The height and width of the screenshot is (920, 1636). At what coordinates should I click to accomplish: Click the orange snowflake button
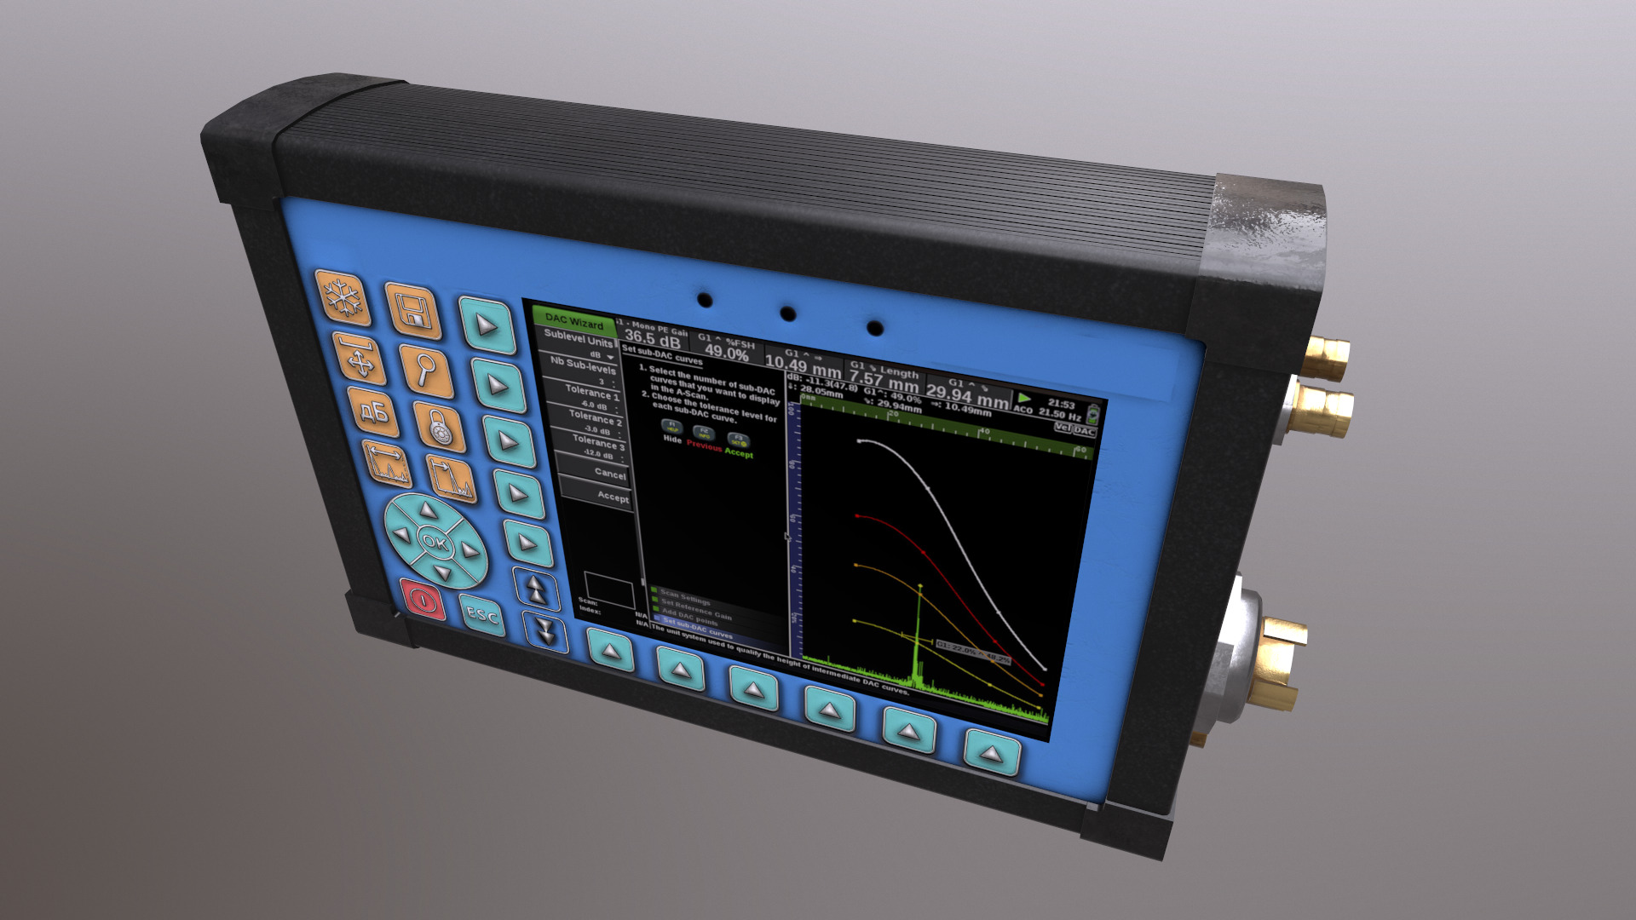tap(344, 298)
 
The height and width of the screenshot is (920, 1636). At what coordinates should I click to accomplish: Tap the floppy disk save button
tap(414, 310)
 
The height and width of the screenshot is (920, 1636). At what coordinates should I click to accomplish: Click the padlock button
tap(440, 426)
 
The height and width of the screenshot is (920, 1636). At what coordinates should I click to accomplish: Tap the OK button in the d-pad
tap(434, 541)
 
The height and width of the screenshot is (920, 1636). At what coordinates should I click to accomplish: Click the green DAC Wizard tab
tap(574, 321)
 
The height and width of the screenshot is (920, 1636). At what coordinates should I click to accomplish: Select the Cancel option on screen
tap(608, 473)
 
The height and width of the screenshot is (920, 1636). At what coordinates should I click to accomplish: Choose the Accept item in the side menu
tap(612, 495)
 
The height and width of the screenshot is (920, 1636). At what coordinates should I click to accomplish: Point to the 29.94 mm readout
tap(967, 394)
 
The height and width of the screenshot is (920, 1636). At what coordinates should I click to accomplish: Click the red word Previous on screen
tap(704, 446)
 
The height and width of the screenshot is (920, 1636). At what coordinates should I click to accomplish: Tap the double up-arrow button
tap(536, 588)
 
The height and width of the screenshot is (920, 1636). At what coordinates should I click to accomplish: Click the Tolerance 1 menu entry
tap(592, 393)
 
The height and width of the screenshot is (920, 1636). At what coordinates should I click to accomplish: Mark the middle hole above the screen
tap(788, 313)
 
